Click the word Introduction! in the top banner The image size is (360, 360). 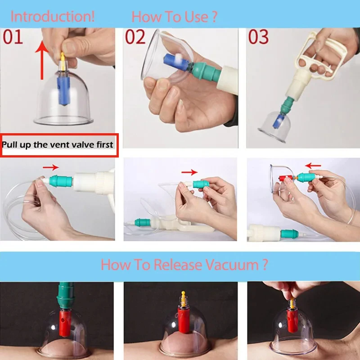(x=53, y=17)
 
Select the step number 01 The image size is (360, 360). (x=13, y=37)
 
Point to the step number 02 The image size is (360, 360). (x=135, y=37)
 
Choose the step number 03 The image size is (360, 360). (x=258, y=37)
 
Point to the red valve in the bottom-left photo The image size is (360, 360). (x=64, y=321)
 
